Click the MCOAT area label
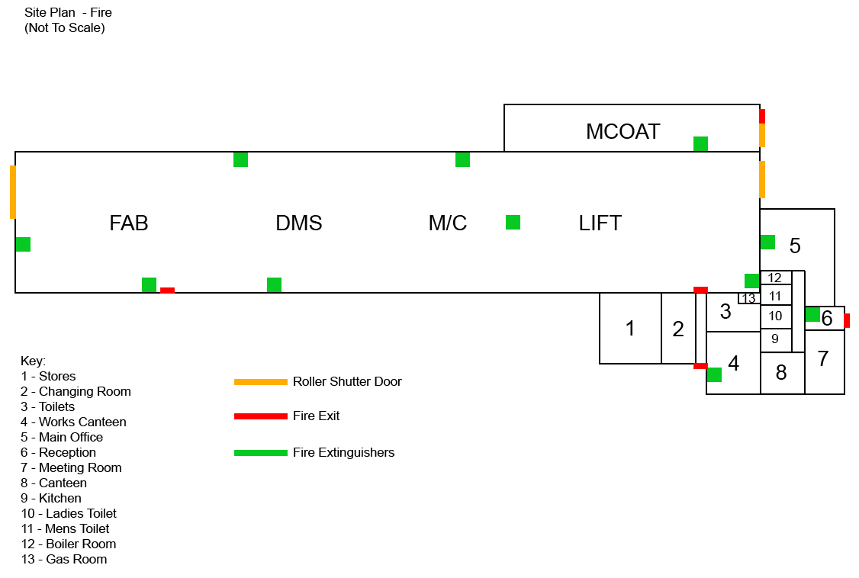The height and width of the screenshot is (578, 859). [x=623, y=131]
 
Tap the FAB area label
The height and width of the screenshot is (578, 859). [x=129, y=223]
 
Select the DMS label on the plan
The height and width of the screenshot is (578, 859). [x=298, y=223]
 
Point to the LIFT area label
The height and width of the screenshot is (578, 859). [x=600, y=223]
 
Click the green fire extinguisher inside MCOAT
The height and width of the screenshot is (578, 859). [x=700, y=144]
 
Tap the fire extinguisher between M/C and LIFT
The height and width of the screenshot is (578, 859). [x=513, y=222]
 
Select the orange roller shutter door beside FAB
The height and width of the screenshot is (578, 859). [x=13, y=192]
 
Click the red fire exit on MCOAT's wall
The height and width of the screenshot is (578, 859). [x=762, y=116]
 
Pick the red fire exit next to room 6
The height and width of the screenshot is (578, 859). [x=847, y=321]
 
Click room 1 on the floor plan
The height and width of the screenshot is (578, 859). [x=630, y=329]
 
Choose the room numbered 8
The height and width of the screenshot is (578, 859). [x=782, y=373]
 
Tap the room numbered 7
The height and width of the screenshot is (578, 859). [x=825, y=361]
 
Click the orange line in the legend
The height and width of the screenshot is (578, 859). [x=261, y=382]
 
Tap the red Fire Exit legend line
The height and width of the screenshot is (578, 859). [x=261, y=416]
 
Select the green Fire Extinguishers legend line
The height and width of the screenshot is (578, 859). [x=261, y=453]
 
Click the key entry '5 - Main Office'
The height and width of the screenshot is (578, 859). [x=62, y=438]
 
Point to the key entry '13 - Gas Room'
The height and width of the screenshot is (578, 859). [x=64, y=560]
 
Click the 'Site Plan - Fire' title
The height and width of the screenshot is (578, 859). [x=68, y=13]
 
